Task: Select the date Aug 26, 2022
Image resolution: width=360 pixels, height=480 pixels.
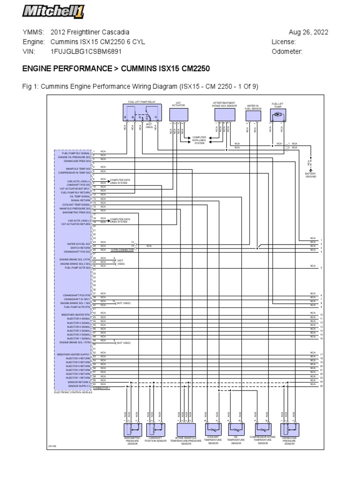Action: (308, 32)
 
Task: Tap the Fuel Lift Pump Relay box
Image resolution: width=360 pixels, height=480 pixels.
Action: (142, 114)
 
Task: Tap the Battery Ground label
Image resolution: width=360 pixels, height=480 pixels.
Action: (311, 175)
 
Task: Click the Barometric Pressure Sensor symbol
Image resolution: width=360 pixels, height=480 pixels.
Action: (133, 429)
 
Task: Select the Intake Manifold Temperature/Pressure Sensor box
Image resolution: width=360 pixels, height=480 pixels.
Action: (186, 430)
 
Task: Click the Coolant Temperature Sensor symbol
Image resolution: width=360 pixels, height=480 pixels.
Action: (213, 428)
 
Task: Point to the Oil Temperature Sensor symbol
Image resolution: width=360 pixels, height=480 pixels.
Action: (236, 429)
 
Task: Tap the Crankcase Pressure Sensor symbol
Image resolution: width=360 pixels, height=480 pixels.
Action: (290, 429)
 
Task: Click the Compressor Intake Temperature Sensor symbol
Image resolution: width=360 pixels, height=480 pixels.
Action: (262, 429)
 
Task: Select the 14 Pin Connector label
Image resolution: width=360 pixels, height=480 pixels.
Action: (122, 250)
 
